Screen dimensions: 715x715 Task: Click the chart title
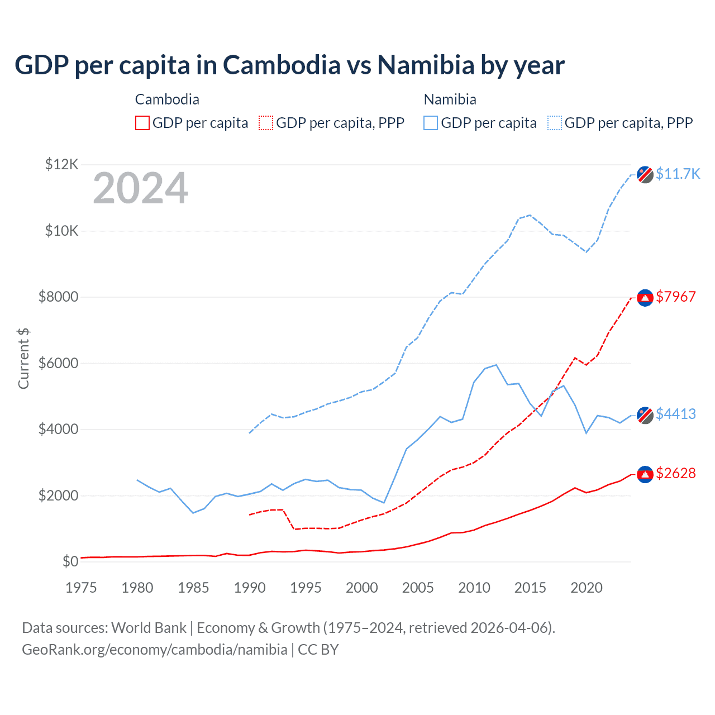pyautogui.click(x=289, y=65)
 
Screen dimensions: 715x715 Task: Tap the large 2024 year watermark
pyautogui.click(x=140, y=188)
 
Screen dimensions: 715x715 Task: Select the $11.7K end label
pyautogui.click(x=678, y=174)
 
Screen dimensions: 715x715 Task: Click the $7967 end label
pyautogui.click(x=676, y=297)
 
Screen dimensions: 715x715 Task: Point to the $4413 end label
pyautogui.click(x=676, y=414)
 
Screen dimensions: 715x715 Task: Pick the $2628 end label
pyautogui.click(x=676, y=474)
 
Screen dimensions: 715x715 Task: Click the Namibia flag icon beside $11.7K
pyautogui.click(x=645, y=174)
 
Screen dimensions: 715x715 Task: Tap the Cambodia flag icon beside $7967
pyautogui.click(x=645, y=298)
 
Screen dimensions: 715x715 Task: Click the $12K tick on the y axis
pyautogui.click(x=61, y=164)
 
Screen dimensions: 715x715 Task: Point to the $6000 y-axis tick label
pyautogui.click(x=58, y=363)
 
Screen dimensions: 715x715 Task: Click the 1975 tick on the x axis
pyautogui.click(x=81, y=588)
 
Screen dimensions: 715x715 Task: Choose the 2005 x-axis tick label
pyautogui.click(x=418, y=588)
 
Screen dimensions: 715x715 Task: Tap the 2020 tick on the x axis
pyautogui.click(x=586, y=588)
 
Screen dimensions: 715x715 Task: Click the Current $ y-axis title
pyautogui.click(x=23, y=358)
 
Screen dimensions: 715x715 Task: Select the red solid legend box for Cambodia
pyautogui.click(x=142, y=123)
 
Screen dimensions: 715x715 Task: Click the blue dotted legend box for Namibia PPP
pyautogui.click(x=555, y=123)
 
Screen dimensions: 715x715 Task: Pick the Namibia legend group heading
pyautogui.click(x=450, y=99)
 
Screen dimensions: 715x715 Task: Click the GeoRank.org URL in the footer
pyautogui.click(x=154, y=650)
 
